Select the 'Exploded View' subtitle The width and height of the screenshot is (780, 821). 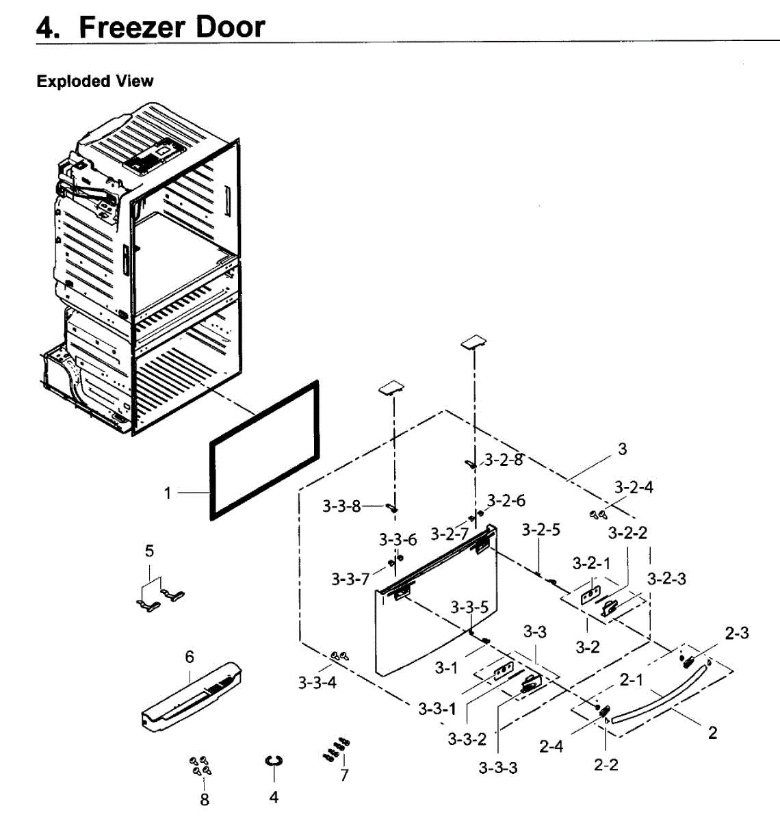(x=95, y=81)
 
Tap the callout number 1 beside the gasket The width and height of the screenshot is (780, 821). (x=168, y=492)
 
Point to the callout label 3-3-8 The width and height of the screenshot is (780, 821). (x=341, y=506)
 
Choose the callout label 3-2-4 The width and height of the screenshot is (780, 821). (x=633, y=487)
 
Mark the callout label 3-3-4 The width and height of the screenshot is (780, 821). (x=317, y=682)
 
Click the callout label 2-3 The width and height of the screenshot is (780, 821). (x=736, y=633)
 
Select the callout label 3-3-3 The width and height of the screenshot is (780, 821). (x=498, y=767)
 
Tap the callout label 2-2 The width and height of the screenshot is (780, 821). (x=606, y=764)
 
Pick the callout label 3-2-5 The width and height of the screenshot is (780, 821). (x=541, y=530)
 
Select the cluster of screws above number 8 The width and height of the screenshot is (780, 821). (x=200, y=766)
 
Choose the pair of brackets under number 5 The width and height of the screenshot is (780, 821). (x=159, y=597)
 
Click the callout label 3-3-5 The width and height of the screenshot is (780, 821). (x=469, y=607)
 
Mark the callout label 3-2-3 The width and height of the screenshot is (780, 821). (x=666, y=579)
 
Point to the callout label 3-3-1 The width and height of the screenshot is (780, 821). (x=437, y=708)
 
